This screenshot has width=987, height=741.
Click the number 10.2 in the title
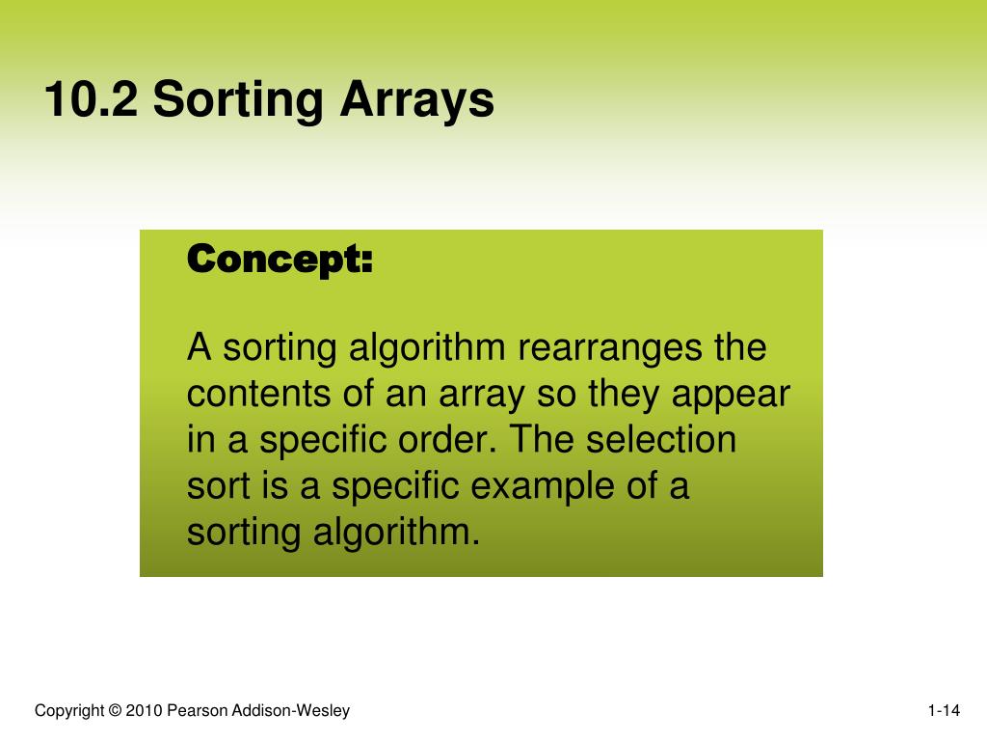click(92, 100)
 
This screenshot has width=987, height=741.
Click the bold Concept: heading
click(279, 260)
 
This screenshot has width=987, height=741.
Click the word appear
click(730, 396)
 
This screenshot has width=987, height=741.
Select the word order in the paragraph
click(451, 440)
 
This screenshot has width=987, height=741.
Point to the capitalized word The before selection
click(543, 440)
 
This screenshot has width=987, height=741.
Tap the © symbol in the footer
click(116, 712)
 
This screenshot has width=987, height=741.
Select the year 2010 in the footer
click(145, 712)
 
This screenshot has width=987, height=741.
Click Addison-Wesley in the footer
click(288, 712)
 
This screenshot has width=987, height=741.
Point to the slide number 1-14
click(944, 712)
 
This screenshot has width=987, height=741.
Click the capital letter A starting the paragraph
click(199, 347)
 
